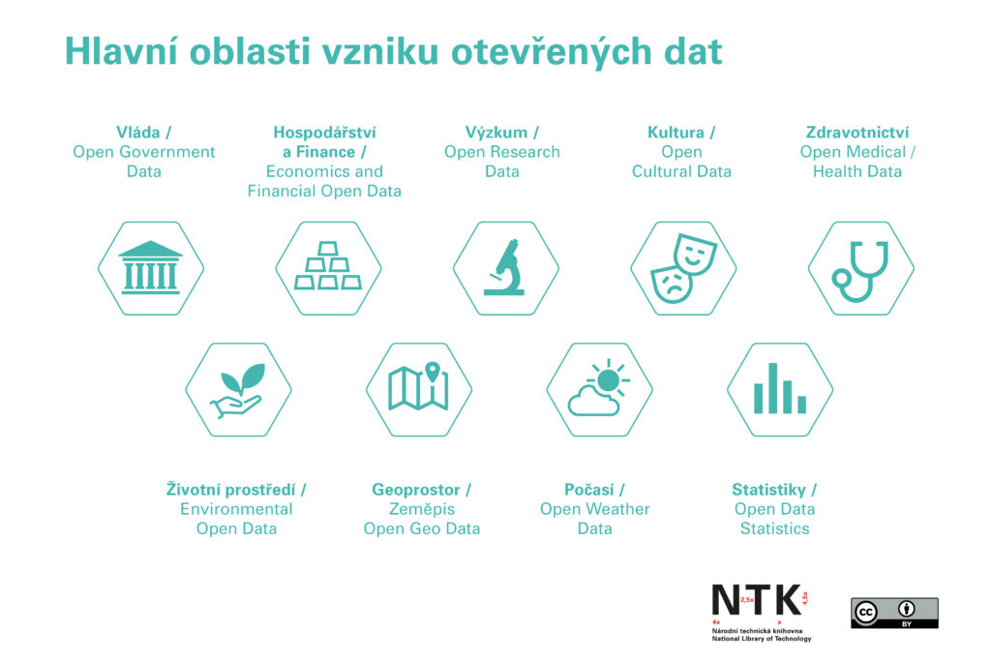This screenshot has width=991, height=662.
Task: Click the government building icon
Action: coord(150,267)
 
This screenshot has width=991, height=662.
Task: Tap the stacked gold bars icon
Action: coord(328,267)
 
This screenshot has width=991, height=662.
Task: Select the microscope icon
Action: coord(505,267)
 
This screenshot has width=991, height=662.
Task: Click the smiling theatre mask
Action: coord(693,255)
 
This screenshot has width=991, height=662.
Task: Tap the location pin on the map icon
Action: coord(432,372)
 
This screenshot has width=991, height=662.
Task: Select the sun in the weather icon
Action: coord(608,379)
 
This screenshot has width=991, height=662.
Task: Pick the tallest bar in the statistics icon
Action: coord(772,387)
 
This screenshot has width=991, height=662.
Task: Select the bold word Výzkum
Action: coord(495,133)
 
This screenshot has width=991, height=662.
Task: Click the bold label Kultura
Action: coord(676,133)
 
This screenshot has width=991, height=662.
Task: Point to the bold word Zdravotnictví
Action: coord(857,133)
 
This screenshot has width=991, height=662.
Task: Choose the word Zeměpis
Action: coord(421,509)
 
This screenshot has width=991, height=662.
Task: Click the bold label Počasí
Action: coord(588,490)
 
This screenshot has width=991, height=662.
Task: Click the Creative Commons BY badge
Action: coord(894,613)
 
